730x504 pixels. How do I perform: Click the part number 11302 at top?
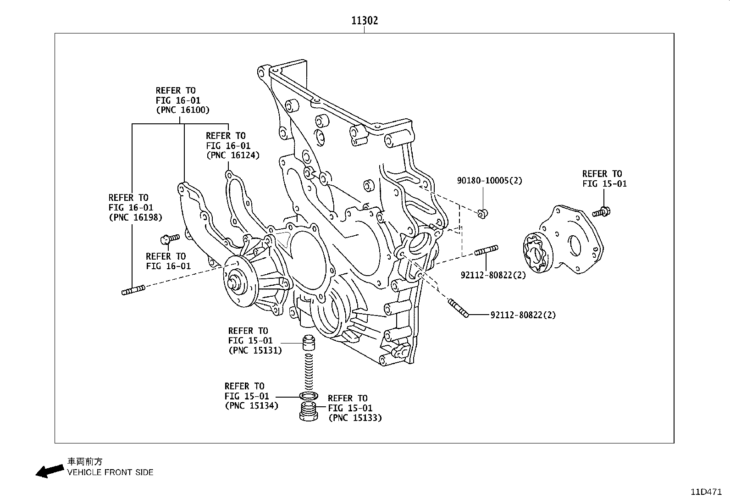(365, 21)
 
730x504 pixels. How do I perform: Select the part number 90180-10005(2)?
(489, 181)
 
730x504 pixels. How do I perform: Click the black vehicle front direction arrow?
(50, 471)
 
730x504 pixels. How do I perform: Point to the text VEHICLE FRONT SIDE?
(110, 472)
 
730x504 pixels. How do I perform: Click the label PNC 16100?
(182, 110)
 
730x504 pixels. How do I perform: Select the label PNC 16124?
(232, 155)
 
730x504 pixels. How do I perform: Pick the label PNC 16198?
(135, 217)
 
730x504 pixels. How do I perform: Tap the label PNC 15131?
(255, 350)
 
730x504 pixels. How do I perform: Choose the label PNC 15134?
(251, 406)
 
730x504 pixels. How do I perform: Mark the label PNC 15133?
(355, 418)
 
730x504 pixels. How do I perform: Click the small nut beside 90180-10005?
(481, 212)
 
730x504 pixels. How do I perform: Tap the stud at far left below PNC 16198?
(133, 290)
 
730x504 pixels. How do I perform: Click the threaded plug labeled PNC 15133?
(308, 410)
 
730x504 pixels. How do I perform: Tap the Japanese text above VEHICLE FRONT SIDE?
(82, 462)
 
